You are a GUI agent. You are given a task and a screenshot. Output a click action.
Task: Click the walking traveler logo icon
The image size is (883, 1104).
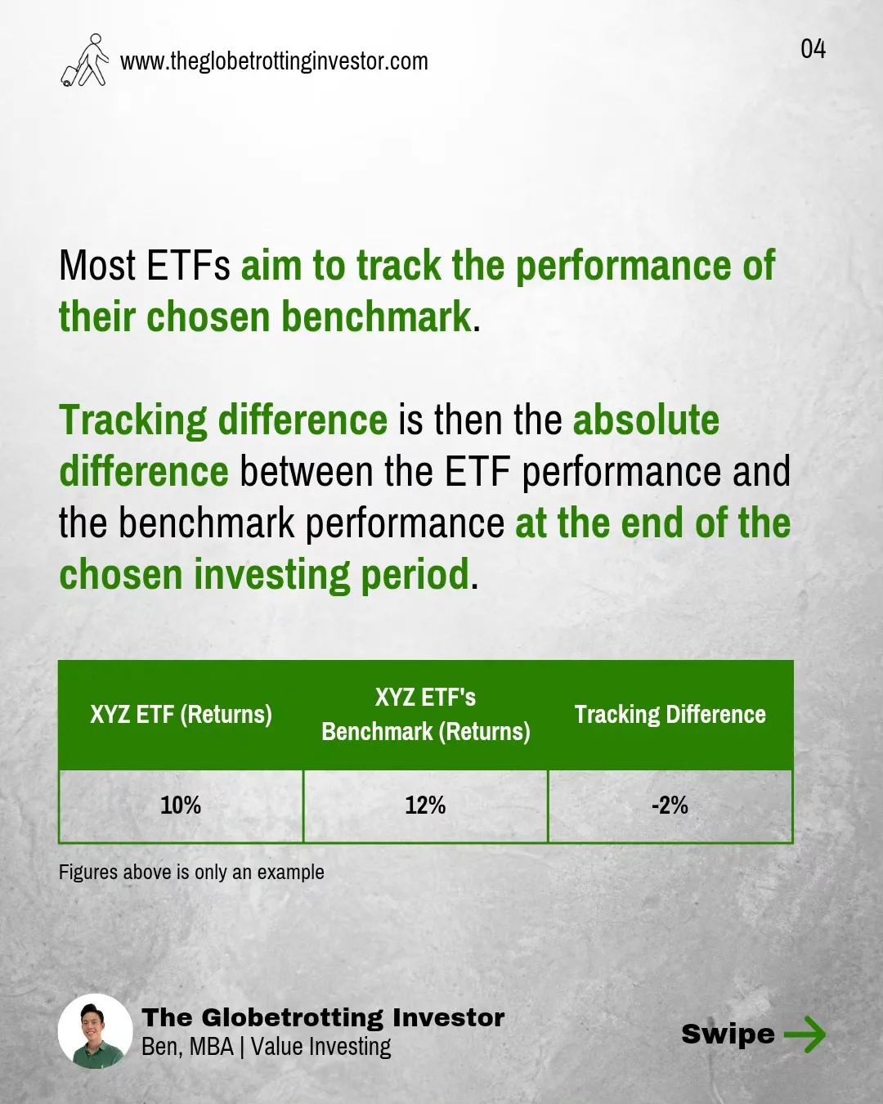(85, 60)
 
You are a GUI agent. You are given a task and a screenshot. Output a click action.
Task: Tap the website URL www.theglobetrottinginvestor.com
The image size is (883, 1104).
(274, 62)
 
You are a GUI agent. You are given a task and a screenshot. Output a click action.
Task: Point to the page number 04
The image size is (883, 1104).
(813, 49)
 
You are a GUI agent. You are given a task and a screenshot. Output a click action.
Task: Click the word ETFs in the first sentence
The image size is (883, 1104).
(188, 266)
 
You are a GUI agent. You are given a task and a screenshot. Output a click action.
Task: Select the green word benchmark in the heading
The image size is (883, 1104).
(376, 316)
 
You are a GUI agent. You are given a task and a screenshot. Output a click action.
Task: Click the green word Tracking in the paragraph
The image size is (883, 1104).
(133, 420)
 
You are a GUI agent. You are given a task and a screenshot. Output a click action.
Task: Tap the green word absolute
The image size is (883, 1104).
(646, 420)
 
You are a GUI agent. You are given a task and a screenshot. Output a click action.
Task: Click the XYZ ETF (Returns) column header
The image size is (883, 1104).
(182, 715)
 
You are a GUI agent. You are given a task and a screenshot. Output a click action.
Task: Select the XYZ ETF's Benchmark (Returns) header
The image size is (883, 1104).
(426, 714)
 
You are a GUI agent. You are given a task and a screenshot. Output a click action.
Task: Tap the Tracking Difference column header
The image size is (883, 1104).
(670, 715)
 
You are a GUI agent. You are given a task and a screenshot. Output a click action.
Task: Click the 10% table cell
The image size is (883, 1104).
(181, 806)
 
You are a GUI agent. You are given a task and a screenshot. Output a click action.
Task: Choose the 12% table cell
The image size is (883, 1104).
(425, 806)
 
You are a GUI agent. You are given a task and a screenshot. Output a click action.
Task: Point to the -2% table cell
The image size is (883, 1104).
(670, 806)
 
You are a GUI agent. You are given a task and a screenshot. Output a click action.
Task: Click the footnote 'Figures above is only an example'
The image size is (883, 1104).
(191, 873)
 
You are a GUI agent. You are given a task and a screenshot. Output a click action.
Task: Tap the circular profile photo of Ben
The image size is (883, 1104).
(96, 1032)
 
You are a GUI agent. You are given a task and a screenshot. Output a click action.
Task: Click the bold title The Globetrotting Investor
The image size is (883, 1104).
(323, 1018)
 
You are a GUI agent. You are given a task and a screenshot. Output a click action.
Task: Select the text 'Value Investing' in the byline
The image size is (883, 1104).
(321, 1047)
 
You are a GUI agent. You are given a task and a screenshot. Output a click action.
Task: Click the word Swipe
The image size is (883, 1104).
(728, 1034)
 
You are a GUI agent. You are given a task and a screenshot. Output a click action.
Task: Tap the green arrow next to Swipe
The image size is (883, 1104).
(805, 1034)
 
